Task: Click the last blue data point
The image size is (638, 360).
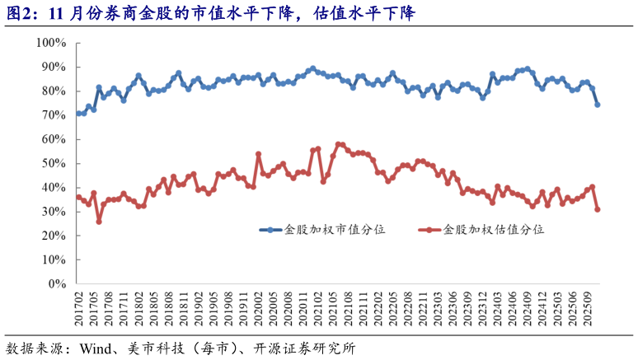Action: tap(598, 105)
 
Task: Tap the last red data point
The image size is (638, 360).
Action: tap(598, 209)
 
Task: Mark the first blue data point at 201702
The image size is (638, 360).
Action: tap(78, 114)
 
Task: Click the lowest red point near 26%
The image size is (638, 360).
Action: tap(99, 222)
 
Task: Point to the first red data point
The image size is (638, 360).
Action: tap(78, 197)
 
